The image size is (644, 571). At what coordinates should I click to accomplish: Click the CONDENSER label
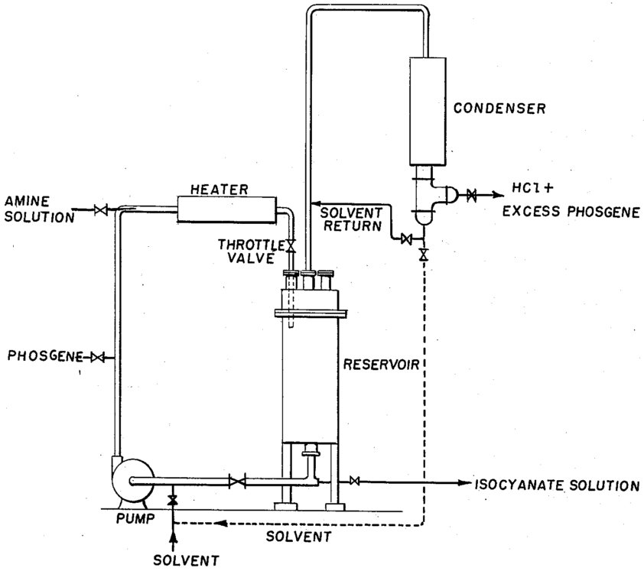pyautogui.click(x=499, y=109)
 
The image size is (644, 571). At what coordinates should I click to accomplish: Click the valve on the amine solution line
pyautogui.click(x=99, y=209)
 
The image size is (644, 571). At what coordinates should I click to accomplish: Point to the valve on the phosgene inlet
pyautogui.click(x=98, y=357)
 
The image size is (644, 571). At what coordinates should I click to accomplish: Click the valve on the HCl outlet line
pyautogui.click(x=472, y=195)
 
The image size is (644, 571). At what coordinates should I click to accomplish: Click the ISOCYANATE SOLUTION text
pyautogui.click(x=556, y=485)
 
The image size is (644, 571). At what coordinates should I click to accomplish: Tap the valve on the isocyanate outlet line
pyautogui.click(x=354, y=481)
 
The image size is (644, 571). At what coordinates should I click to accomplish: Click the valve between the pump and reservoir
pyautogui.click(x=238, y=481)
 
